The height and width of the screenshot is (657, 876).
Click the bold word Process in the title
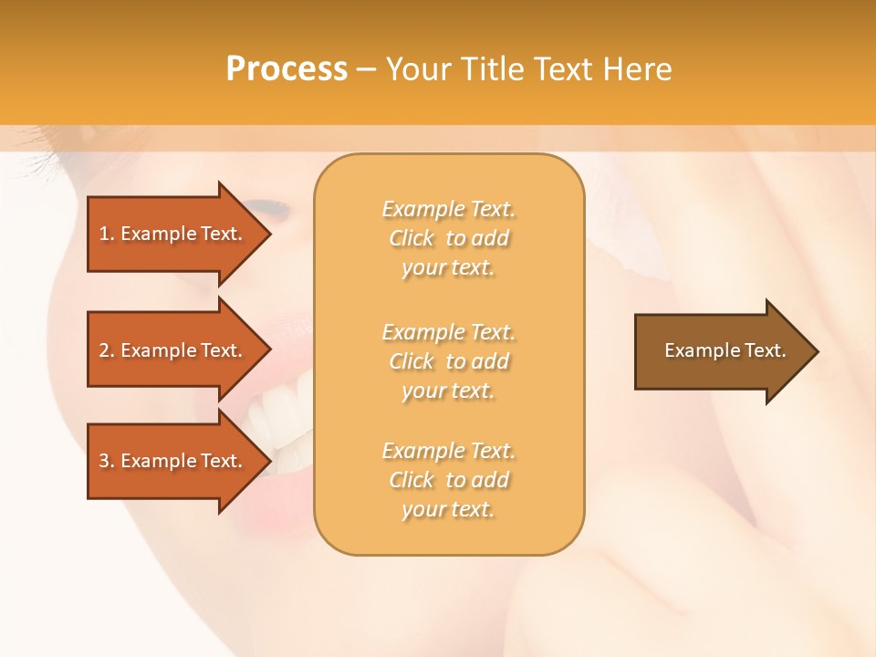287,69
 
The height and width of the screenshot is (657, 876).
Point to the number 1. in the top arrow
107,234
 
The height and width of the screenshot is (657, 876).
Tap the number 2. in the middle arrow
107,350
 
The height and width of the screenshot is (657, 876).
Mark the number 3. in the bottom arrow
107,461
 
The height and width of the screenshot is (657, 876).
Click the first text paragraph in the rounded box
448,238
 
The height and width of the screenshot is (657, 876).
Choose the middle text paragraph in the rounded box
448,361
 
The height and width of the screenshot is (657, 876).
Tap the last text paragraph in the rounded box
448,480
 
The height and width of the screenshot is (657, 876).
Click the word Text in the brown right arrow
765,350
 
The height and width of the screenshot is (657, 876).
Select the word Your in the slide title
417,69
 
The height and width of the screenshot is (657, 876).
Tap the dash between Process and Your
366,70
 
